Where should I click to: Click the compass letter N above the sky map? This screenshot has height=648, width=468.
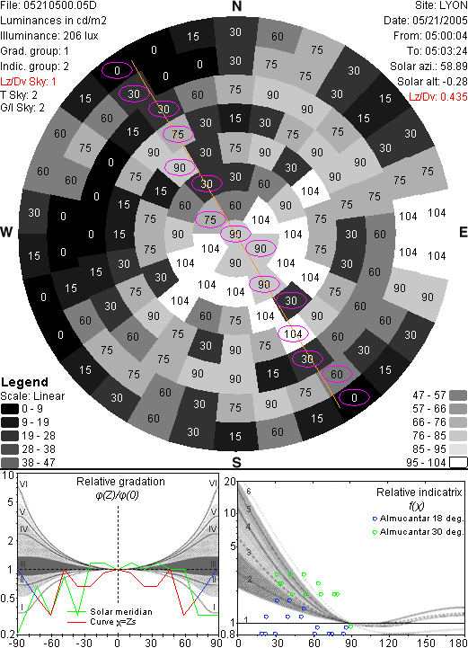pos(236,6)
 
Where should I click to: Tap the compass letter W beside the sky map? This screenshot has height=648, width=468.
pos(6,232)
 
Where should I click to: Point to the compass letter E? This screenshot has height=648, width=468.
pos(463,232)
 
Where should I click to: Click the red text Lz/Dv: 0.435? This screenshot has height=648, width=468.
pos(438,97)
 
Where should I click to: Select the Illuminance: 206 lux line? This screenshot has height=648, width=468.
pos(49,36)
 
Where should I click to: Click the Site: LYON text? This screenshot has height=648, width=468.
pos(441,5)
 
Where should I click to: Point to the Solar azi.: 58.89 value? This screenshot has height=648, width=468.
pos(428,67)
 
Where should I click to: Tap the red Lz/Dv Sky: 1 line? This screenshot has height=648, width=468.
pos(28,82)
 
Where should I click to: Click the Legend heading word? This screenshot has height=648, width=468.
pos(25,382)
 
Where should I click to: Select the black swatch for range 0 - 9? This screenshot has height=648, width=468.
pos(10,409)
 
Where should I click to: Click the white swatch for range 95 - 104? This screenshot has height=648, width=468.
pos(458,463)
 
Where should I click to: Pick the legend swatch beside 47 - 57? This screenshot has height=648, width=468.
pos(458,395)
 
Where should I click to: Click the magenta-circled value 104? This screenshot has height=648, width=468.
pos(293,334)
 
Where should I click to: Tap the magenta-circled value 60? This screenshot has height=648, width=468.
pos(337,374)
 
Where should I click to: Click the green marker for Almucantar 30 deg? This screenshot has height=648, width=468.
pos(375,532)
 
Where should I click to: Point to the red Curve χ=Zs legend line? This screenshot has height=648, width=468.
pos(77,622)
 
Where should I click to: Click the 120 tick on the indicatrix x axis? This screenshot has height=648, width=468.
pos(389,643)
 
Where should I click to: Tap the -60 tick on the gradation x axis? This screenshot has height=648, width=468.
pos(50,643)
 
